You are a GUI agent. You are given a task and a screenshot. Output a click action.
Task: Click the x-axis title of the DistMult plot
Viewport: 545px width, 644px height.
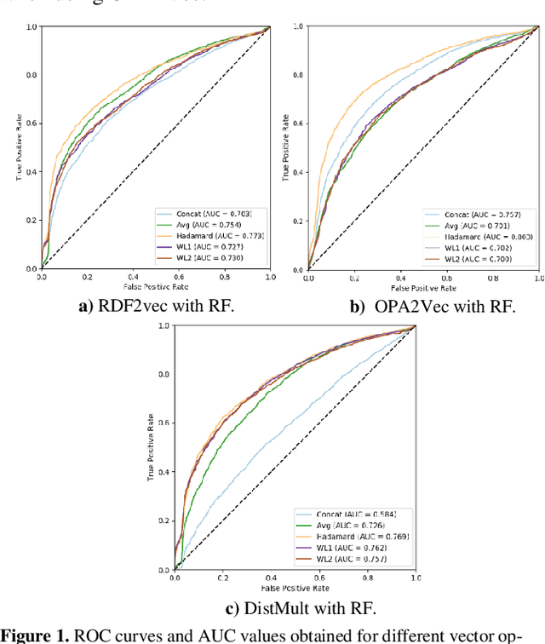(294, 588)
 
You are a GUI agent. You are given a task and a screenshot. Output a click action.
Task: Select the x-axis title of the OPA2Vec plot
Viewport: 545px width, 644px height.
(423, 287)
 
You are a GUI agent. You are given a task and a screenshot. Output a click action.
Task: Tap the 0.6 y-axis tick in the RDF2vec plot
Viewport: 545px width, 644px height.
(32, 123)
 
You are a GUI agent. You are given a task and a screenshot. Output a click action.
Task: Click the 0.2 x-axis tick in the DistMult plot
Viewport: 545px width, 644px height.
(222, 578)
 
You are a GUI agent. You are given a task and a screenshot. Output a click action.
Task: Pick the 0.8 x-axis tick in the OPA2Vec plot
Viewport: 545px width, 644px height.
(492, 279)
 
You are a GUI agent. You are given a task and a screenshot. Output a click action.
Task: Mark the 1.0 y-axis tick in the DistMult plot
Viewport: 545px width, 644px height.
(164, 326)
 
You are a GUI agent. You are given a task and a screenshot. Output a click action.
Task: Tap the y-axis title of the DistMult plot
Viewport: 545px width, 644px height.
(150, 447)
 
